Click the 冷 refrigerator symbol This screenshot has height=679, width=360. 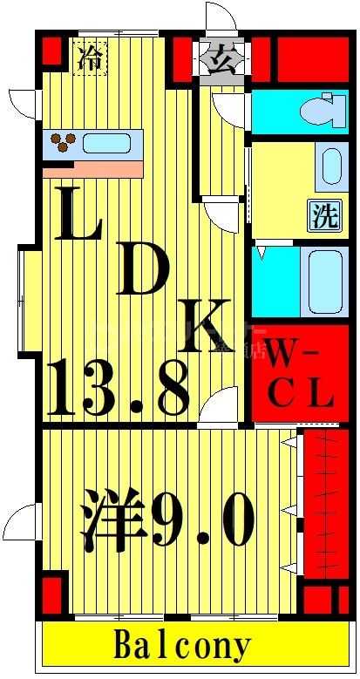pyautogui.click(x=89, y=59)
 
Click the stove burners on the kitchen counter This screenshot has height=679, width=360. pyautogui.click(x=62, y=142)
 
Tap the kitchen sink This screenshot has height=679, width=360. pyautogui.click(x=107, y=142)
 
